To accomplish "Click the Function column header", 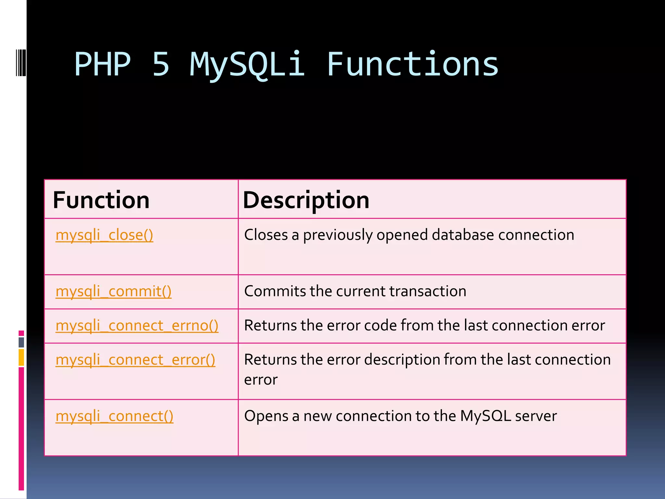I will [101, 200].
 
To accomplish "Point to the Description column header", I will [306, 200].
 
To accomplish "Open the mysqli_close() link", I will [104, 235].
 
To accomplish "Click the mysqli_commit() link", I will [113, 291].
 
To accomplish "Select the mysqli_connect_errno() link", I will [137, 326].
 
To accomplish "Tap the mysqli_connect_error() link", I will [135, 360].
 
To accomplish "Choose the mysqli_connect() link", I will [114, 416].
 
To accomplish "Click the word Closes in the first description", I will [266, 235].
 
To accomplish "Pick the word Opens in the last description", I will [266, 416].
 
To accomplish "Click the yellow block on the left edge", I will [21, 357].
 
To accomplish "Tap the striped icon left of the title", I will [21, 63].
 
